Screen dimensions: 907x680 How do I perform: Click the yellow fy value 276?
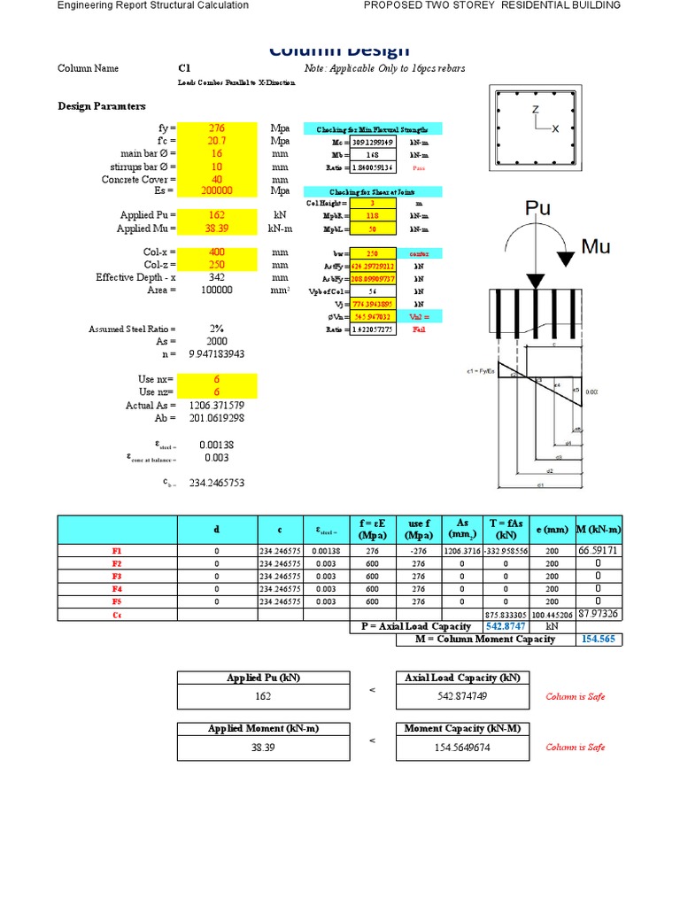coord(217,128)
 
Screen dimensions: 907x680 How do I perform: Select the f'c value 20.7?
coord(217,140)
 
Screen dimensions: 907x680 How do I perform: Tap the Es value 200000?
coord(217,190)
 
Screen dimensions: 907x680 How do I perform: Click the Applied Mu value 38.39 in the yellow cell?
coord(217,228)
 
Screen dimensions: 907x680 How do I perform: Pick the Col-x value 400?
coord(217,252)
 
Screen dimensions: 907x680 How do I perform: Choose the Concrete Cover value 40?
coord(217,178)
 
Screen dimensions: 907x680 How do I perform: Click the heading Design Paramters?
coord(102,106)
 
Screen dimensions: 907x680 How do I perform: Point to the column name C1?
coord(184,68)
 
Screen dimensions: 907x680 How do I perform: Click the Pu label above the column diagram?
coord(538,208)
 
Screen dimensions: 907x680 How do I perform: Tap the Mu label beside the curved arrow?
coord(596,246)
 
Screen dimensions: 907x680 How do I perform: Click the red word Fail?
coord(419,329)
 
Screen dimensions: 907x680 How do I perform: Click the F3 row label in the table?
coord(117,576)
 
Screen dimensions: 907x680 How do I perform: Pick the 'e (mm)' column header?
coord(552,530)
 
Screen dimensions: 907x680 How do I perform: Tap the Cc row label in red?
coord(117,615)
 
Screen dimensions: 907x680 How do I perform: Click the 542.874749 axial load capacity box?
coord(463,696)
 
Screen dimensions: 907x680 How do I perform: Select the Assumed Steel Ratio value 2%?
coord(217,329)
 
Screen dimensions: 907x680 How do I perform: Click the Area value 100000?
coord(217,290)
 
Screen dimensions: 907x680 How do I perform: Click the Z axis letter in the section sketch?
coord(536,109)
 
